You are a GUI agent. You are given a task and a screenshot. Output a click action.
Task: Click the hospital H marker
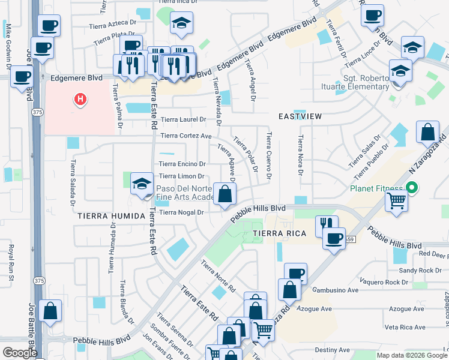coord(80,99)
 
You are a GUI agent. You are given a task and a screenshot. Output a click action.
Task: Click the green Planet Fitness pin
coord(411,188)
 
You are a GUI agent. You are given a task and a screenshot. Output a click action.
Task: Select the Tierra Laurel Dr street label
coord(183,119)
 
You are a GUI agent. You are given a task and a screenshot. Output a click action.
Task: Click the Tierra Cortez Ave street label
coord(186,136)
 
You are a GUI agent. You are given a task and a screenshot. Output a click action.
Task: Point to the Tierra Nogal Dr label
coord(182,212)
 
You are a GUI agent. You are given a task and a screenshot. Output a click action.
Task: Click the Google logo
coord(20,353)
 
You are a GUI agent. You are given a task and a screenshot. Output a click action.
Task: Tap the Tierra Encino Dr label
coord(182,164)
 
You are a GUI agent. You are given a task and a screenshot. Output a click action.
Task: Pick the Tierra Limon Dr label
coord(181,176)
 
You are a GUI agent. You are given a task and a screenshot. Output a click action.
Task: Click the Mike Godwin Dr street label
coord(9,43)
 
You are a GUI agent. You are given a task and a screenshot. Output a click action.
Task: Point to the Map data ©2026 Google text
coord(412,355)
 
